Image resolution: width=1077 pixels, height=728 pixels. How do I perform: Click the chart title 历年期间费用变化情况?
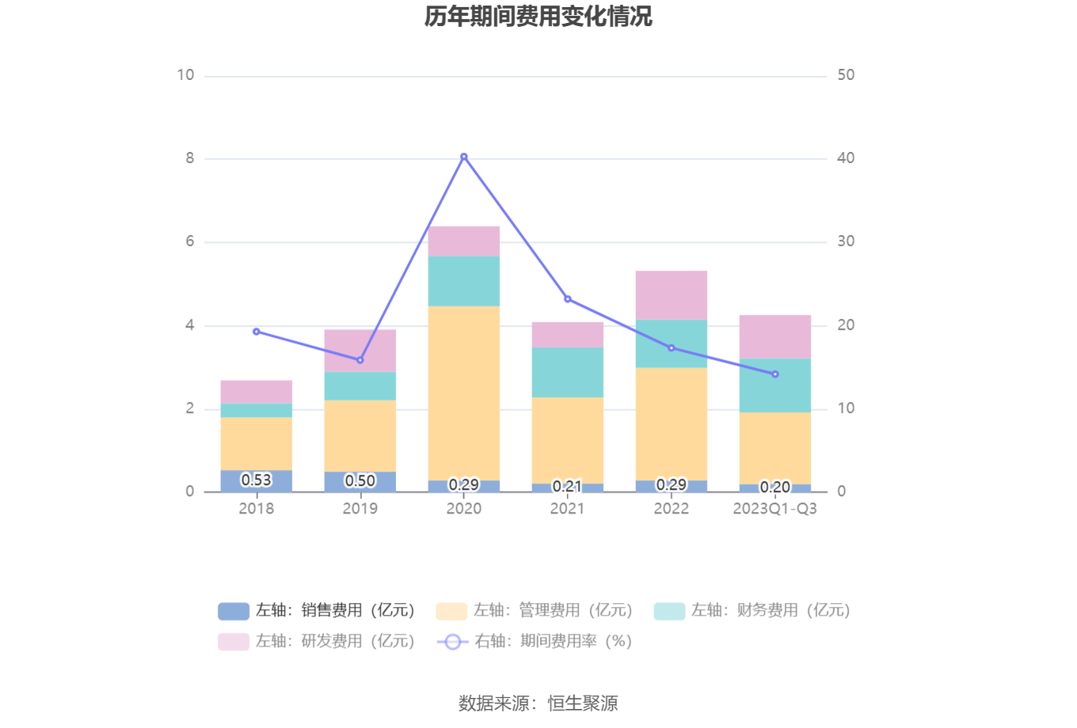coord(538,17)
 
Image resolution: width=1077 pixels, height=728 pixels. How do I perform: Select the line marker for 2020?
coord(464,157)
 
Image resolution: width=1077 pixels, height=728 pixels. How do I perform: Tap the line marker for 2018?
coord(256,332)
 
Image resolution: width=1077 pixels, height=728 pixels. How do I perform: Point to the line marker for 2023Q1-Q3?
coord(775,374)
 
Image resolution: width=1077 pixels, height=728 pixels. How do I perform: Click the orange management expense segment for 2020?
coord(464,392)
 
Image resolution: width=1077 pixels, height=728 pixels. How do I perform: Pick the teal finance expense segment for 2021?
coord(568,372)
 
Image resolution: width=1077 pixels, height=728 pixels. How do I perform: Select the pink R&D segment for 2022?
coord(672,295)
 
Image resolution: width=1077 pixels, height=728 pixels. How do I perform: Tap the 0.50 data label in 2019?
coord(360,481)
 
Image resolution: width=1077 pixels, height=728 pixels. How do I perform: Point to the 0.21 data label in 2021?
coord(567,486)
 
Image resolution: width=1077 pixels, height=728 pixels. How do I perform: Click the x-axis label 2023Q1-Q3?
coord(774,509)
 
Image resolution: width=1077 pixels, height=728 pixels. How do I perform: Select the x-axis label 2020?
coord(464,509)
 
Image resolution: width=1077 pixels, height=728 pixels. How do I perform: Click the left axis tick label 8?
coord(190,158)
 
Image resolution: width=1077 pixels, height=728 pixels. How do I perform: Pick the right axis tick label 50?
coord(846,75)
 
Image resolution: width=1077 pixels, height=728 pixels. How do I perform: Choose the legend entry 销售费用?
coord(317,611)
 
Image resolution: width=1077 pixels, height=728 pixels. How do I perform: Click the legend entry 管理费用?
coord(535,611)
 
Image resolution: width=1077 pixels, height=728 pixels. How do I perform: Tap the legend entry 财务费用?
coord(752,611)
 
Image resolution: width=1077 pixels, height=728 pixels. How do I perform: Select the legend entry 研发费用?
coord(317,642)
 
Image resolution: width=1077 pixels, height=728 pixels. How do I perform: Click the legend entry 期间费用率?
coord(535,642)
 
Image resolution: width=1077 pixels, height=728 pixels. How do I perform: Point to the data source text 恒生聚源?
coord(583,703)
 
